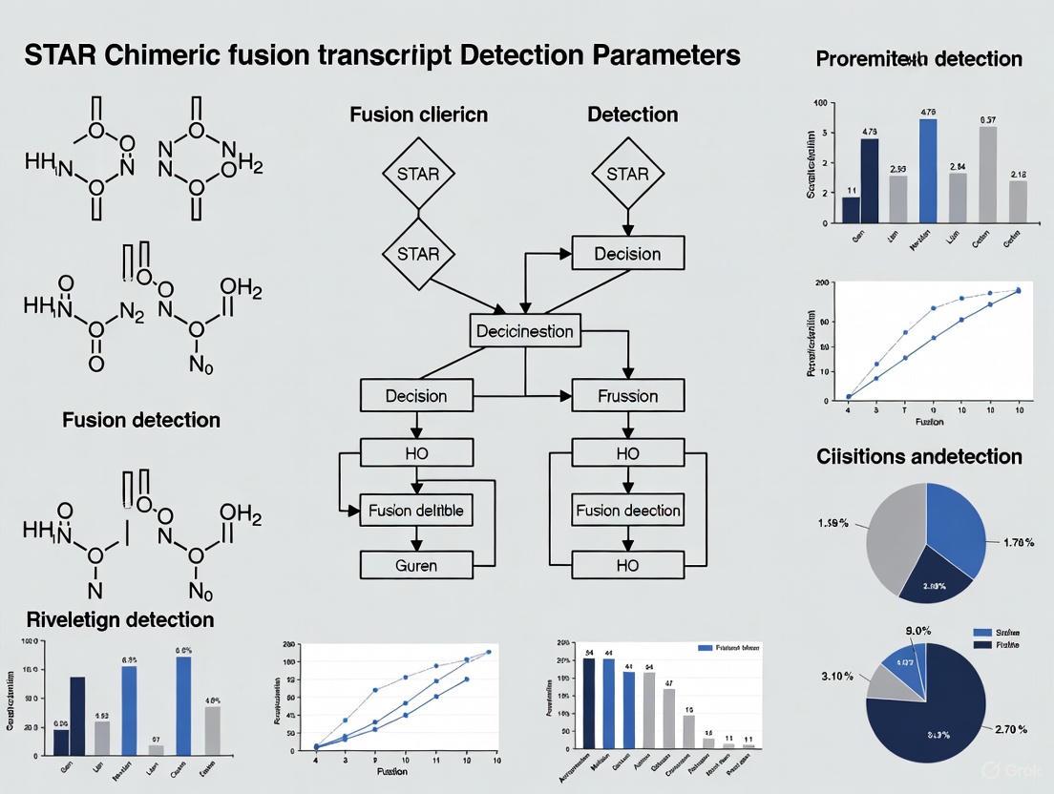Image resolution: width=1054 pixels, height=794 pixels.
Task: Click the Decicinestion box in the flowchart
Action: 525,331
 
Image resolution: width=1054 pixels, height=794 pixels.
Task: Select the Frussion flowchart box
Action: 628,395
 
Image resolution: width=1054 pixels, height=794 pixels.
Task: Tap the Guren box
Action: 416,565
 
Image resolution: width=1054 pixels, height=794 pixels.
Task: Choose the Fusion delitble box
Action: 416,511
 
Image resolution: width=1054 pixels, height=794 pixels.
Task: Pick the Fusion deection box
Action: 628,511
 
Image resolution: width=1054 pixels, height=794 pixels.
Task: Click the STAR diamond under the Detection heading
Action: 627,174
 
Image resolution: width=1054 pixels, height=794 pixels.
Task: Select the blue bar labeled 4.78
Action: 928,170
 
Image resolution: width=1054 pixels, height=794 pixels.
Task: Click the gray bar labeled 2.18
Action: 1018,201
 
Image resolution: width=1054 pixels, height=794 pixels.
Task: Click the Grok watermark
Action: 1005,770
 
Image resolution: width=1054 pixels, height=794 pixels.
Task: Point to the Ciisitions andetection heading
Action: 918,456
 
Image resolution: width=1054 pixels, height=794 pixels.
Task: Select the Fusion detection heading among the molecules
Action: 141,420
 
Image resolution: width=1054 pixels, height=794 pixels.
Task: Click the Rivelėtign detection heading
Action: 120,619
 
